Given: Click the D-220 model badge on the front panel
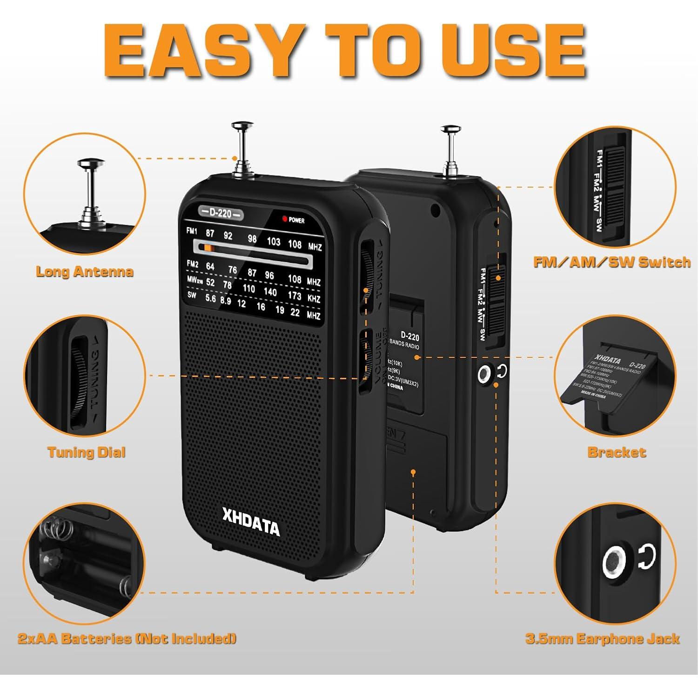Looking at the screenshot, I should (220, 214).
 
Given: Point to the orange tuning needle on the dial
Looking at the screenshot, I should (208, 248).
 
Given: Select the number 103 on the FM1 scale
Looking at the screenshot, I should (274, 241).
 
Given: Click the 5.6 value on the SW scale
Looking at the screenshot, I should (210, 298).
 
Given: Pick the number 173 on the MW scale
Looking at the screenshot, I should (295, 295).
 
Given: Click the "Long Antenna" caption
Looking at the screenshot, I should (85, 272).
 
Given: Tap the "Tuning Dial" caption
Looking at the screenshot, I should (87, 452).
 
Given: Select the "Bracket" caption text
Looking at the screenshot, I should (617, 452).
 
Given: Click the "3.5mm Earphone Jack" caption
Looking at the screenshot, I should (603, 639).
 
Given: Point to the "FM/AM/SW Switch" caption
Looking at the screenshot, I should (612, 262).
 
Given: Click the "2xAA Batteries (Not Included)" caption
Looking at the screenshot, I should (127, 638).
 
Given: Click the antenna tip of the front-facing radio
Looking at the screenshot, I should (242, 126).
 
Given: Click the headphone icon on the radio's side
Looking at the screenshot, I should (502, 371).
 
